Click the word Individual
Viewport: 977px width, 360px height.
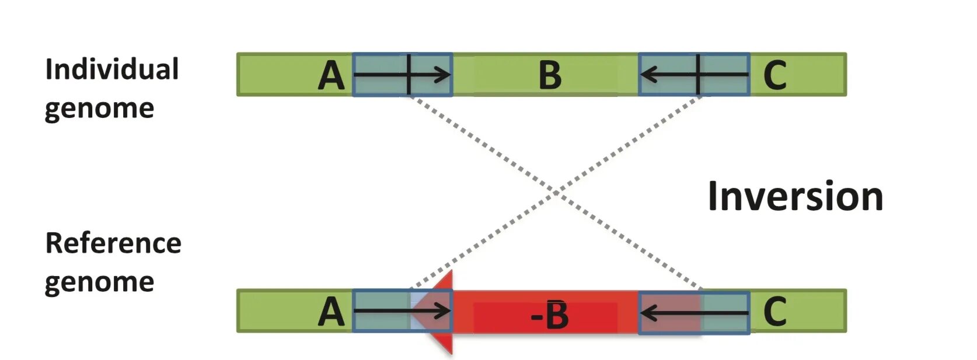[x=111, y=70]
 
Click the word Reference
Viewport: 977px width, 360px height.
[x=113, y=243]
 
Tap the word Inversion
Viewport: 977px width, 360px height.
[x=795, y=197]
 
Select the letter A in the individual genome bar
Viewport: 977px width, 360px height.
[x=331, y=76]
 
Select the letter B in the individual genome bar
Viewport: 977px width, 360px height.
[x=550, y=76]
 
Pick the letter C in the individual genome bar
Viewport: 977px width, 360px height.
[x=774, y=76]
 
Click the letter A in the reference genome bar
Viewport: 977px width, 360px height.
[x=331, y=312]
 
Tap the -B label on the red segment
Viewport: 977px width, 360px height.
[x=549, y=316]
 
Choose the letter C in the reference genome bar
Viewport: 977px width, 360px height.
[x=774, y=312]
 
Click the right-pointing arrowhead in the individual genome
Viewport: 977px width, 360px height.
[x=445, y=75]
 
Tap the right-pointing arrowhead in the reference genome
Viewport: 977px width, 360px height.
[x=445, y=311]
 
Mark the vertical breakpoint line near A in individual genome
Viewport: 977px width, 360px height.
[x=409, y=75]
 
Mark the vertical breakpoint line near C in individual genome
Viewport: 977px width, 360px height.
[x=698, y=75]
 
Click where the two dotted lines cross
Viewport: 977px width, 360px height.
[x=554, y=192]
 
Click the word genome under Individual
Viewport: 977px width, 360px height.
[x=99, y=109]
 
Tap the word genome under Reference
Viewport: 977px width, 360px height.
[x=99, y=283]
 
